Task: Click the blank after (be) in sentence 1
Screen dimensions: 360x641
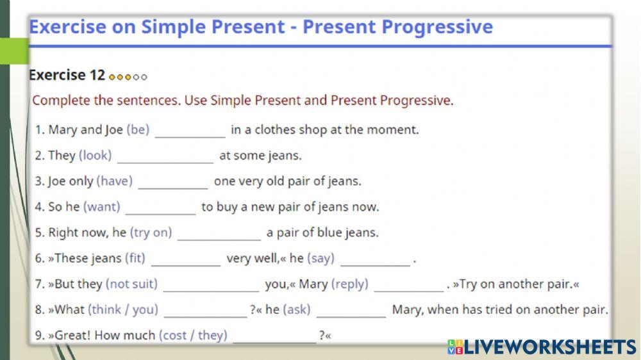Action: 190,131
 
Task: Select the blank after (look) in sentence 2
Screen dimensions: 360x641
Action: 165,156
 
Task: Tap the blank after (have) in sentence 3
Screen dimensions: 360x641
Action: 172,182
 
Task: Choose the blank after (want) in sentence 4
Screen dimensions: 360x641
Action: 160,208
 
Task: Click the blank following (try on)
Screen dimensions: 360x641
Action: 219,233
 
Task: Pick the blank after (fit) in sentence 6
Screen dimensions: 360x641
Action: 185,259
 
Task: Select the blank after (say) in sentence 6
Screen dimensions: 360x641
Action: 375,259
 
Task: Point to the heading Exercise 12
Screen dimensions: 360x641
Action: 67,75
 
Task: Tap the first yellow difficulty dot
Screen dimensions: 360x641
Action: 112,77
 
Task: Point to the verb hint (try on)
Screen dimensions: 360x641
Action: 151,233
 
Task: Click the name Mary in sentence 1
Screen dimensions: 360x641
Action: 63,130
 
